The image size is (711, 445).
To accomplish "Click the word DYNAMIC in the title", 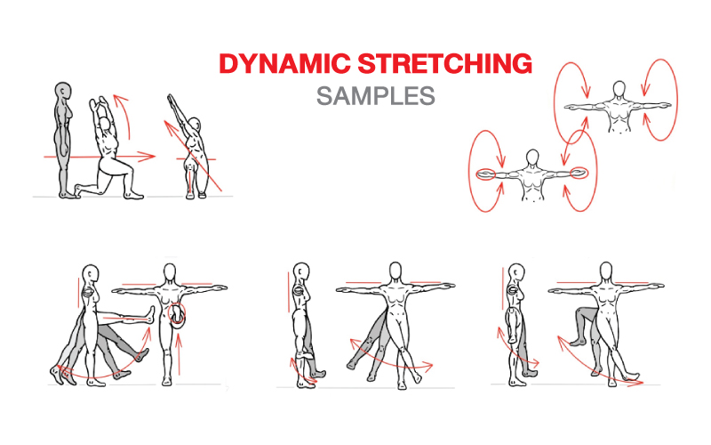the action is click(x=284, y=63).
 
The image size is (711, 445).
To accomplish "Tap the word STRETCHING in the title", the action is click(x=445, y=63).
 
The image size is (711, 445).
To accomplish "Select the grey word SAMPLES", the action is click(x=376, y=96).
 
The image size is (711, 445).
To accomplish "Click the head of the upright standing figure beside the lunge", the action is click(x=63, y=92).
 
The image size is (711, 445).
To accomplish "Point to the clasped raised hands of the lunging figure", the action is click(x=99, y=102).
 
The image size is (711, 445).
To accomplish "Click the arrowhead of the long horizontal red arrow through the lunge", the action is click(x=148, y=157).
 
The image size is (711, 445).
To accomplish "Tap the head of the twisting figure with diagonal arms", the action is click(x=195, y=125).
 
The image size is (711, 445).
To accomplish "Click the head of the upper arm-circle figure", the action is click(x=619, y=89).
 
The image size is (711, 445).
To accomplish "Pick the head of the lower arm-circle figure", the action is click(x=532, y=158).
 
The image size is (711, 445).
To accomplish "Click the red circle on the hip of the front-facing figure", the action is click(x=177, y=315).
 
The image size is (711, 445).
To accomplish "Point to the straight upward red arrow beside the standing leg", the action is click(x=180, y=354).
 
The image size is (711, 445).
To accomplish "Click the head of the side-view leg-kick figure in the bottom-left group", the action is click(x=91, y=275).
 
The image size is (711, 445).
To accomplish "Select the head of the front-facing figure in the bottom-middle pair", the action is click(x=395, y=272).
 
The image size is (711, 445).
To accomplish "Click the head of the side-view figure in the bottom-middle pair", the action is click(x=301, y=272).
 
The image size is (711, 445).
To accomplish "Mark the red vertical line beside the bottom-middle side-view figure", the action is click(x=288, y=292).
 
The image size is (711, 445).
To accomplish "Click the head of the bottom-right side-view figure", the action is click(x=516, y=273).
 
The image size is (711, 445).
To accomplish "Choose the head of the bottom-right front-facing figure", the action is click(x=606, y=272).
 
